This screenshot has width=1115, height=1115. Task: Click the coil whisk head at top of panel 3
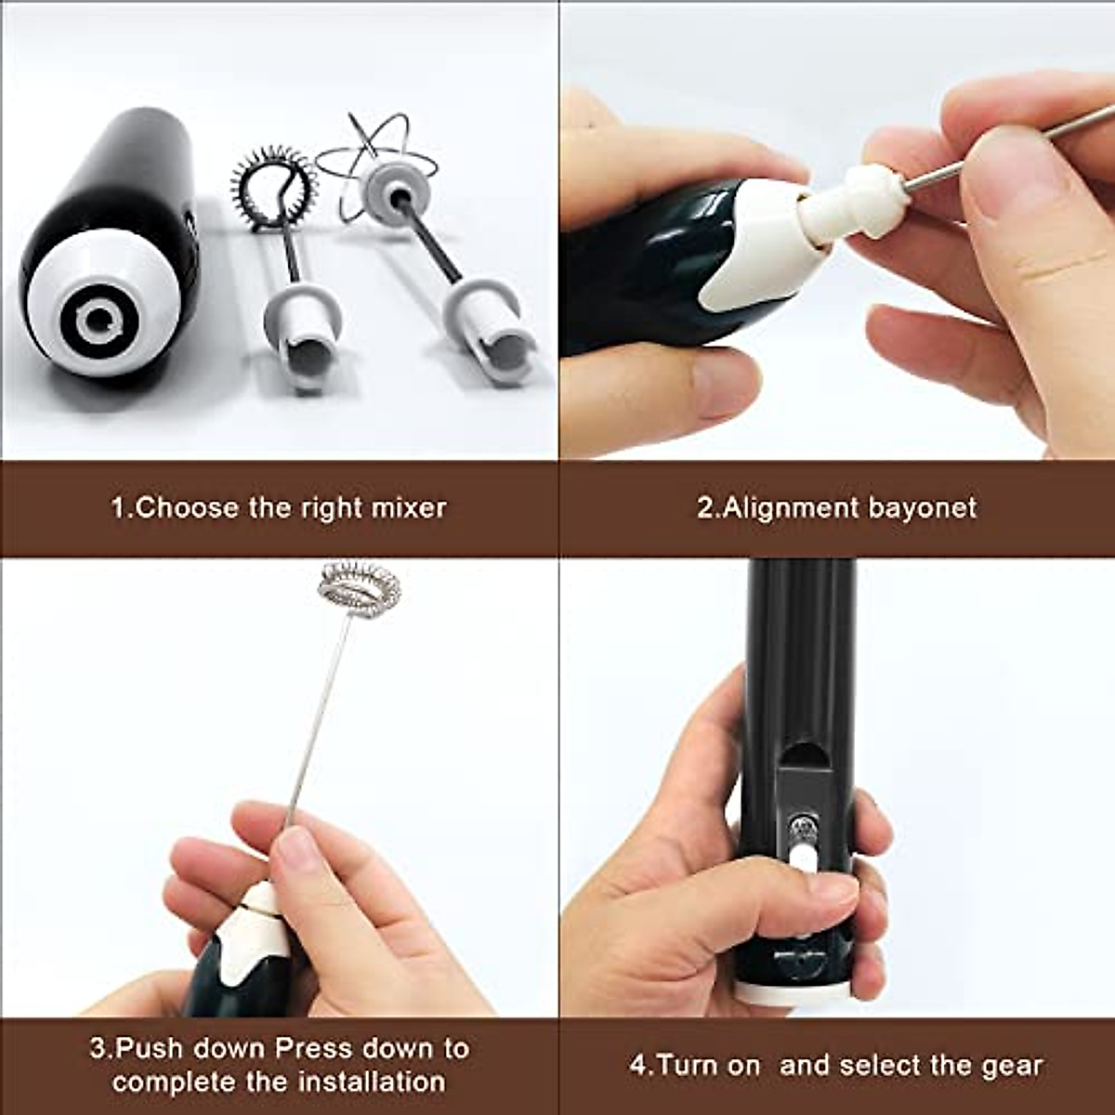(360, 587)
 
